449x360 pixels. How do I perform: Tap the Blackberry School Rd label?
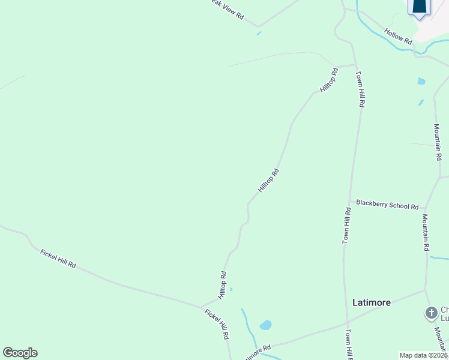387,205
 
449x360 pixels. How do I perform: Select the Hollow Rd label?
399,37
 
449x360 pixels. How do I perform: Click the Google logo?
20,353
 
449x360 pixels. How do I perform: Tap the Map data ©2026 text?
423,355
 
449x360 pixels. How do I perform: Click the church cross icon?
430,313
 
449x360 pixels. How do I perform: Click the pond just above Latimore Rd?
265,325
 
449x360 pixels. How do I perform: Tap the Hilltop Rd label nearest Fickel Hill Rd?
222,286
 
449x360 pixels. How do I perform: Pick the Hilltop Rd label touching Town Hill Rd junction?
329,80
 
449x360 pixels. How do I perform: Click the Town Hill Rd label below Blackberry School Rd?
346,226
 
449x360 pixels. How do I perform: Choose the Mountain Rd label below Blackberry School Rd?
425,232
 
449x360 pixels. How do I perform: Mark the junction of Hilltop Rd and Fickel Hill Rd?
202,306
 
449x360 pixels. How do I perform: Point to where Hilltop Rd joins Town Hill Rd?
355,65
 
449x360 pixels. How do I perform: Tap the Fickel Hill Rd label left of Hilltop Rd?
58,258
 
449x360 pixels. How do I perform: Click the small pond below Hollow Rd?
421,81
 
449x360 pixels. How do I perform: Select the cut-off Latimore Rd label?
259,348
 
